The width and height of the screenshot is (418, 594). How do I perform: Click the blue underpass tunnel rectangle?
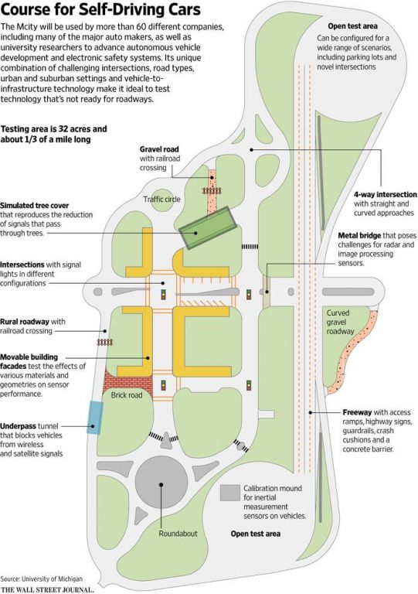pyautogui.click(x=94, y=418)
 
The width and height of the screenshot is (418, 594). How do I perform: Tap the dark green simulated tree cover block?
pyautogui.click(x=209, y=228)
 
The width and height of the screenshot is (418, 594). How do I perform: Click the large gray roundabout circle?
pyautogui.click(x=161, y=484)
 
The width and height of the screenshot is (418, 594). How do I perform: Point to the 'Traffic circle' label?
pyautogui.click(x=162, y=200)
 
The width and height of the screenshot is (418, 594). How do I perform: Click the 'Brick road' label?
pyautogui.click(x=127, y=395)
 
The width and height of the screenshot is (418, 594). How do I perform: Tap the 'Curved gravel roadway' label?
pyautogui.click(x=340, y=322)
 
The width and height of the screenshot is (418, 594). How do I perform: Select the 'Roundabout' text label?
pyautogui.click(x=178, y=534)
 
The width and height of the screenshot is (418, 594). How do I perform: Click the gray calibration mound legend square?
pyautogui.click(x=230, y=493)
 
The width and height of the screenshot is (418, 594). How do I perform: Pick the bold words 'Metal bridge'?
pyautogui.click(x=359, y=236)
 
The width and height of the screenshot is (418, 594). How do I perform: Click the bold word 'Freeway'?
pyautogui.click(x=358, y=412)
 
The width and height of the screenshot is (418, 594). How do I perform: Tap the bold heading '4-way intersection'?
pyautogui.click(x=385, y=194)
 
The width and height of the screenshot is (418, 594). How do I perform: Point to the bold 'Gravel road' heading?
pyautogui.click(x=159, y=149)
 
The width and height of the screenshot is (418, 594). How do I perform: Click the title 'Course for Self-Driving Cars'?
pyautogui.click(x=100, y=10)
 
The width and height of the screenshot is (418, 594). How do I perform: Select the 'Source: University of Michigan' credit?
pyautogui.click(x=41, y=579)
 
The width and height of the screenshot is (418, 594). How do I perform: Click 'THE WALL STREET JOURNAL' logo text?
pyautogui.click(x=47, y=590)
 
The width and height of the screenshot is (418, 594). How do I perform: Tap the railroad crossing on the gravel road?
pyautogui.click(x=212, y=191)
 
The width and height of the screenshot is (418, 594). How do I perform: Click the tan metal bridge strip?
pyautogui.click(x=267, y=286)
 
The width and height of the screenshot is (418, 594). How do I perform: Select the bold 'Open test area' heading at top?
pyautogui.click(x=352, y=26)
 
